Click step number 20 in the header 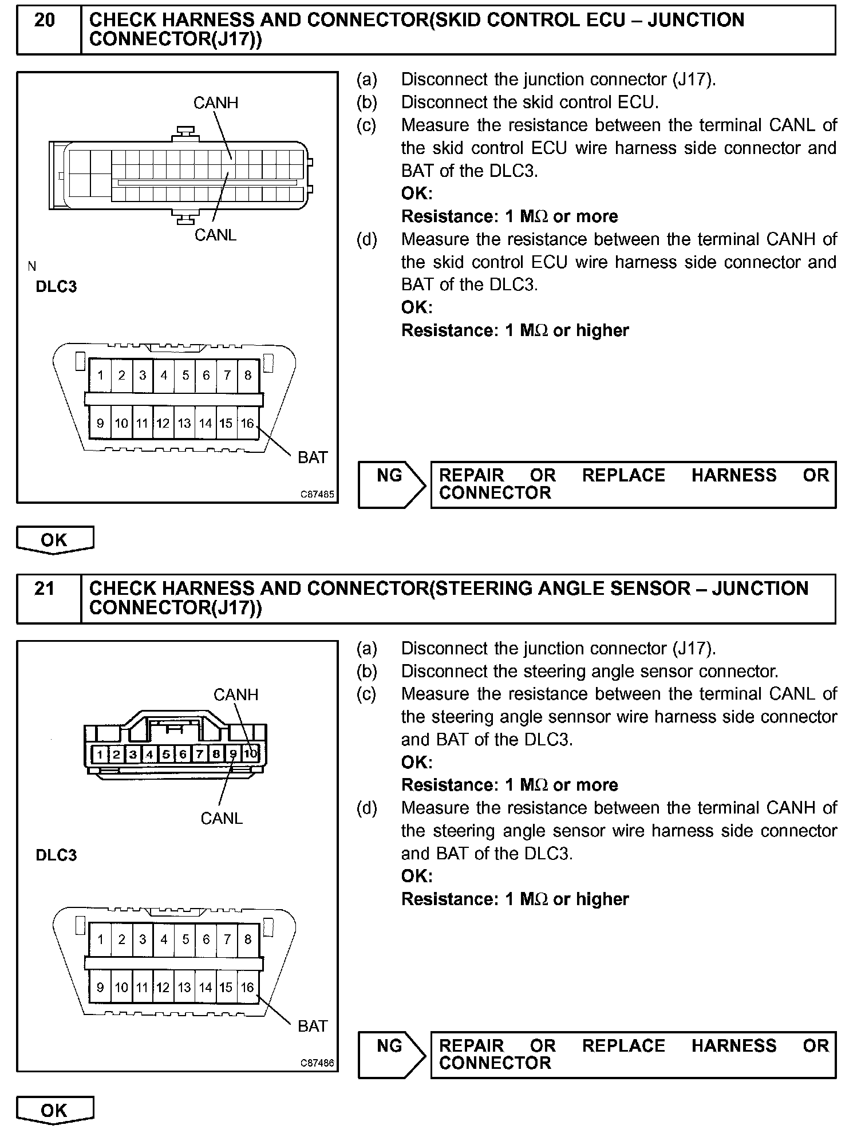coord(45,21)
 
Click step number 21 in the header coord(45,589)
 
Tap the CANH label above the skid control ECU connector coord(215,103)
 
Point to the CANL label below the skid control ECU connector coord(215,235)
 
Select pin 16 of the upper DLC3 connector coord(247,423)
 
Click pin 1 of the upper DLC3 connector coord(101,376)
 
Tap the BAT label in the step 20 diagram coord(313,457)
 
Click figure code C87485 coord(318,494)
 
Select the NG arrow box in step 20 coord(391,484)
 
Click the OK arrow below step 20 coord(54,540)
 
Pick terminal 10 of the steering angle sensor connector coord(251,753)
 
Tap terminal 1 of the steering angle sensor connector coord(100,754)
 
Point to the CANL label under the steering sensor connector coord(222,818)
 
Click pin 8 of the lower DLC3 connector coord(248,939)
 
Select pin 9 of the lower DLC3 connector coord(100,987)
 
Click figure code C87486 coord(318,1063)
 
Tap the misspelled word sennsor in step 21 coord(539,717)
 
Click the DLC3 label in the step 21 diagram coord(56,855)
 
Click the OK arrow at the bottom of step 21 coord(54,1111)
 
